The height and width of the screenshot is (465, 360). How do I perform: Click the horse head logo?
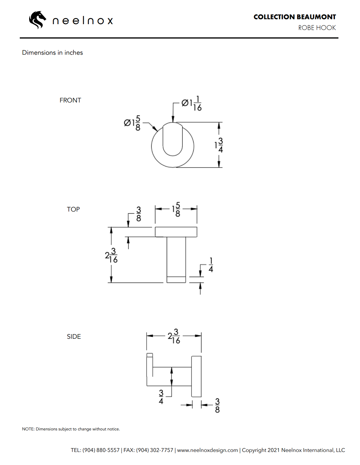tap(37, 20)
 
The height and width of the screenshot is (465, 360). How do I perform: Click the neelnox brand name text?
tap(83, 21)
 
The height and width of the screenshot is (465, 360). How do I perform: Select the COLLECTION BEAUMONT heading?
tap(294, 17)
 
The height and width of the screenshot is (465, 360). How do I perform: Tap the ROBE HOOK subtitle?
tap(317, 28)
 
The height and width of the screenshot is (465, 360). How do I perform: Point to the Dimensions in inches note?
tap(53, 53)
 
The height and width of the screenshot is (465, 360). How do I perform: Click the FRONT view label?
tap(70, 100)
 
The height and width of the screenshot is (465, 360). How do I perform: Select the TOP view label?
tap(73, 209)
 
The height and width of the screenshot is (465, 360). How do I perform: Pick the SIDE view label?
tap(74, 337)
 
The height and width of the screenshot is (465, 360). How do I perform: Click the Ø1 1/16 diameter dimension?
tap(192, 104)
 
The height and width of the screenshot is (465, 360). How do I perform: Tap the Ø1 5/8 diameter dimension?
tap(132, 123)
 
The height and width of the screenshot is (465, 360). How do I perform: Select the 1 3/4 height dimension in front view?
tap(219, 145)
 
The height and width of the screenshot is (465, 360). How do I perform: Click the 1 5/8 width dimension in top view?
tap(176, 209)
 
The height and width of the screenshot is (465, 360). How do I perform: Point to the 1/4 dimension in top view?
tap(211, 265)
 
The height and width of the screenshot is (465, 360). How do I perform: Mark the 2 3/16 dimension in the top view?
tap(111, 256)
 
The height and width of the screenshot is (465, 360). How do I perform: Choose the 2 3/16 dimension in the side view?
tap(174, 336)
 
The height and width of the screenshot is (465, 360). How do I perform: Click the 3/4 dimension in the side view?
tap(161, 397)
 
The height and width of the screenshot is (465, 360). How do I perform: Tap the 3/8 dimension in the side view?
tap(217, 405)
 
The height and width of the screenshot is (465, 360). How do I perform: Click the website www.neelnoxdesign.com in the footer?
tap(207, 450)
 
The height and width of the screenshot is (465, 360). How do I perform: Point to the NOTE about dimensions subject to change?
tap(71, 429)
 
